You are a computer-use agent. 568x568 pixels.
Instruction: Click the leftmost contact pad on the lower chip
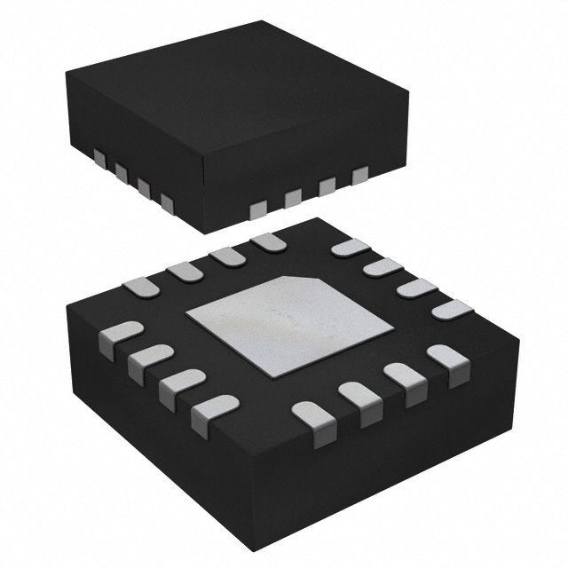coord(116,337)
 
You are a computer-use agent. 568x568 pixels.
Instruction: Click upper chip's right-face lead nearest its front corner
coord(258,209)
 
